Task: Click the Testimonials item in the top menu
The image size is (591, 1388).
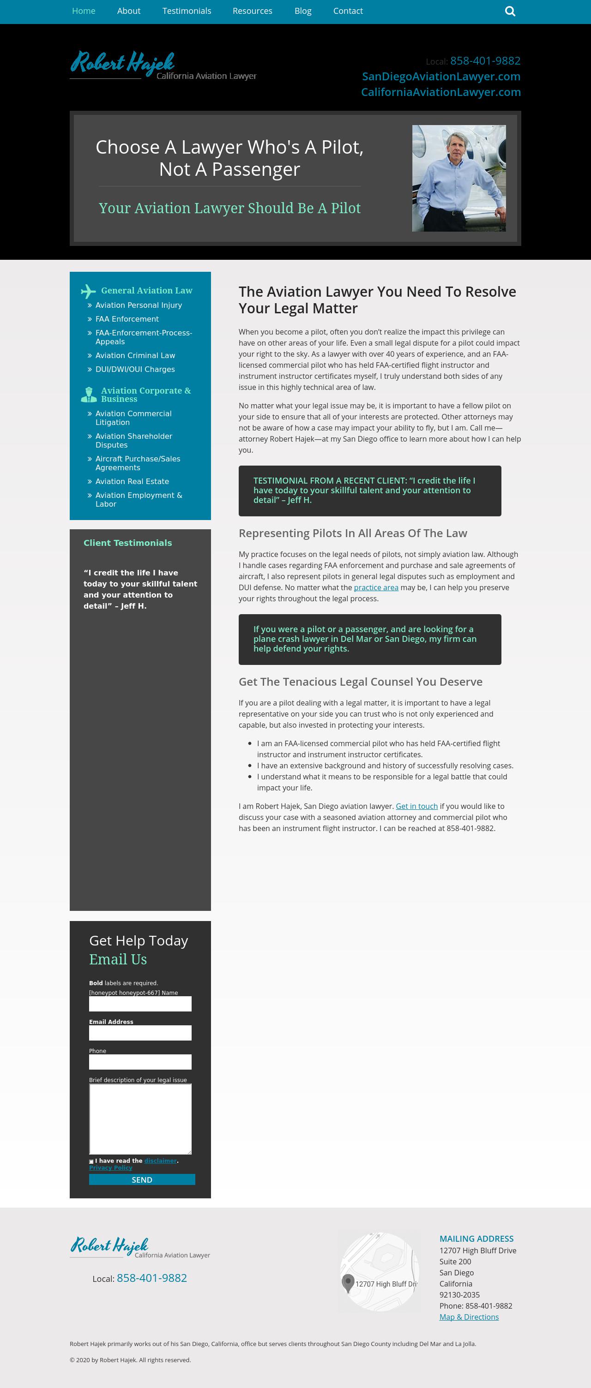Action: (187, 11)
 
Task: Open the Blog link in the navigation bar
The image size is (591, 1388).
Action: (302, 11)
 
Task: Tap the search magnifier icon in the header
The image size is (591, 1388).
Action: (510, 12)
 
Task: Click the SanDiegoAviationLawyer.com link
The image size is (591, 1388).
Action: (441, 77)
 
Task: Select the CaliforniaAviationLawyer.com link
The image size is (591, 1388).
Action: (440, 92)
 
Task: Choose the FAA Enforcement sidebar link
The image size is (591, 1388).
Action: (127, 319)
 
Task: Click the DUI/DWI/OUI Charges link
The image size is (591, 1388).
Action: (135, 369)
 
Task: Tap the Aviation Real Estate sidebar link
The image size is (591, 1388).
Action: (132, 481)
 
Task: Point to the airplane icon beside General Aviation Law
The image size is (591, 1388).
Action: (88, 291)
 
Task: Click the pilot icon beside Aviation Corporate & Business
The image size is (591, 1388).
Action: (89, 395)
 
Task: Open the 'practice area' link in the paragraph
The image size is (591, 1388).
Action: (376, 587)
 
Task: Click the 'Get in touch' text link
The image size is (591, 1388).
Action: (416, 806)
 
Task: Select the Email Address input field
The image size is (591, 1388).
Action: (140, 1033)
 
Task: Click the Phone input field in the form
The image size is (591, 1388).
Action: (140, 1062)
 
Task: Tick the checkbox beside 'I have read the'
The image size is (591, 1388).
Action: (91, 1161)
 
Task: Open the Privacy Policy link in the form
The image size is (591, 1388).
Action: (110, 1167)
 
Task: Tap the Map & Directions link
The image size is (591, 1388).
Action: (469, 1317)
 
